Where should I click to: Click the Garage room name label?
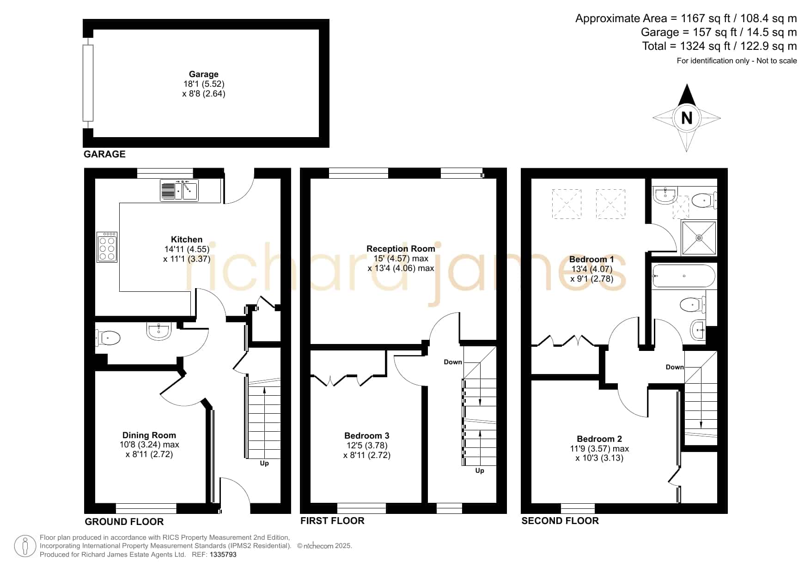[x=203, y=74]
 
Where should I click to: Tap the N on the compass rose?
[x=687, y=118]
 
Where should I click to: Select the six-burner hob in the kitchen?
[x=107, y=247]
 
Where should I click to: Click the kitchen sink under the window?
[x=179, y=190]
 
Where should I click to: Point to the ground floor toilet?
[x=108, y=338]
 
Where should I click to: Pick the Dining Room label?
[x=149, y=435]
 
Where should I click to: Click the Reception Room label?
[x=401, y=249]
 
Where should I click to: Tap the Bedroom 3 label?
[x=366, y=435]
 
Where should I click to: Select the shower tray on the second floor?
[x=699, y=238]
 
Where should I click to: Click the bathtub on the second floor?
[x=683, y=276]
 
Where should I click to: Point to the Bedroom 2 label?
[x=599, y=439]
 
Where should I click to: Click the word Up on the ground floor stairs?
[x=264, y=463]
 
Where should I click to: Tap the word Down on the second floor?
[x=675, y=367]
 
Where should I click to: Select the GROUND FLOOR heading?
[x=124, y=522]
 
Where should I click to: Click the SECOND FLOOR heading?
[x=560, y=521]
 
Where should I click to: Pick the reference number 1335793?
[x=223, y=555]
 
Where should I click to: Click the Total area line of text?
[x=720, y=46]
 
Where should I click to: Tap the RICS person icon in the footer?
[x=25, y=547]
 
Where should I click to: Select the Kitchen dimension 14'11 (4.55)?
[x=187, y=249]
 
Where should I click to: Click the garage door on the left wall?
[x=88, y=83]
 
